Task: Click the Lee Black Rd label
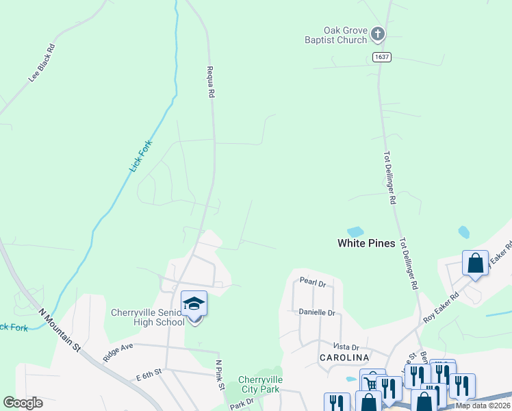click(x=41, y=64)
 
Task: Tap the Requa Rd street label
click(x=212, y=82)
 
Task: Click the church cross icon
click(x=377, y=32)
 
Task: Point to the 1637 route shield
click(x=382, y=57)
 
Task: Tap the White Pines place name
click(x=366, y=243)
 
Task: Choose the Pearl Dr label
click(x=312, y=282)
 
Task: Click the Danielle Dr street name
click(x=317, y=312)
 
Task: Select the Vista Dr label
click(x=346, y=347)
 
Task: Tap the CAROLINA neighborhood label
click(x=344, y=358)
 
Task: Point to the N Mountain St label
click(x=60, y=330)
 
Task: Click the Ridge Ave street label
click(x=117, y=353)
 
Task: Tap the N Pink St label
click(x=220, y=375)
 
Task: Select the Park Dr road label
click(x=241, y=403)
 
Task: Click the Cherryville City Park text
click(x=259, y=384)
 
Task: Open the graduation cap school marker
click(x=194, y=303)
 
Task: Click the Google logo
click(x=23, y=403)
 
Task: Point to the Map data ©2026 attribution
click(x=483, y=406)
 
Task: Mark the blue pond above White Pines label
click(x=355, y=232)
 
